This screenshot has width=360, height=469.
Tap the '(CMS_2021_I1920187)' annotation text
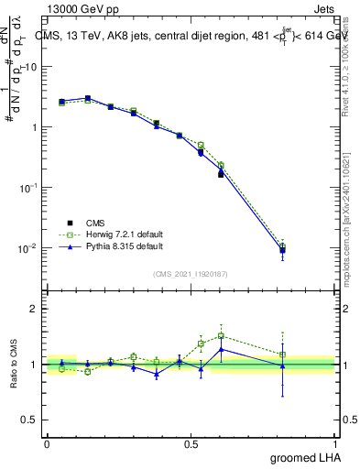(x=191, y=272)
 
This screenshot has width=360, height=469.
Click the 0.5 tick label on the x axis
(x=191, y=443)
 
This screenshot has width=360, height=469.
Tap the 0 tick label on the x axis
(x=47, y=443)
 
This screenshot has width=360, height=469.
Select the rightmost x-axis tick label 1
(x=335, y=443)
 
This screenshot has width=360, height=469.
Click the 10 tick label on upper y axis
(x=33, y=67)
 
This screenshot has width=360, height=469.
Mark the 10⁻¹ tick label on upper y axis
(x=31, y=188)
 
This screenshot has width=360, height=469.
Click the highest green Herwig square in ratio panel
(x=221, y=335)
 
